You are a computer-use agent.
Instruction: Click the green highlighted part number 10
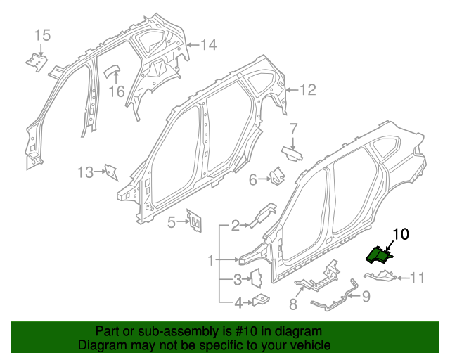380,253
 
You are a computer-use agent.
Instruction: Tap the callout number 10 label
400,234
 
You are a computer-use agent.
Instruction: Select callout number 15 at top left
42,35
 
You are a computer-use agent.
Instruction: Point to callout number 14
208,45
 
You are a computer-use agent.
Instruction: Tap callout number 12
308,90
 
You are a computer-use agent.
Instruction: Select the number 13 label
85,172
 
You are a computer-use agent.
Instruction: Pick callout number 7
294,129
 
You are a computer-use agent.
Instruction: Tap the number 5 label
171,223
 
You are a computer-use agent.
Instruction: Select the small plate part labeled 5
193,220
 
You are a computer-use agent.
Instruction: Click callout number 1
210,261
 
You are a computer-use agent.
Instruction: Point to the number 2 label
235,226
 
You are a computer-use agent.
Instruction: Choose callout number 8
293,304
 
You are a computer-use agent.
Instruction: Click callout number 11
417,278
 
